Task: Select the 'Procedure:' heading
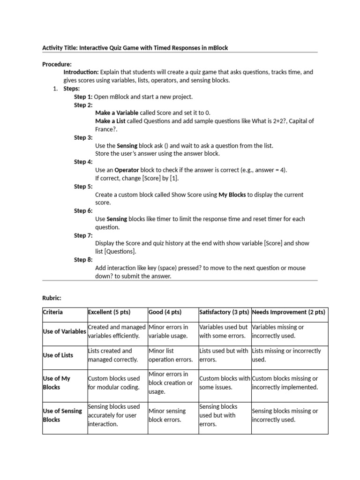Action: coord(57,64)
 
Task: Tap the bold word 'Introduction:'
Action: coord(81,72)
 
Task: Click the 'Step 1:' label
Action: coord(83,97)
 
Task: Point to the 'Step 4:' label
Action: coord(83,162)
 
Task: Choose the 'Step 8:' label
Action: coord(83,260)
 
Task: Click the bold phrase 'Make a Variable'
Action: coord(117,113)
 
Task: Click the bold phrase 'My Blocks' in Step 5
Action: coord(232,195)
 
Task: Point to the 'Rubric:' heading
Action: coord(52,298)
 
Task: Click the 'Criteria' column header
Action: coord(52,312)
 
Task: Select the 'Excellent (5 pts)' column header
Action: coord(109,312)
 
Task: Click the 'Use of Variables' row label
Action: coord(64,331)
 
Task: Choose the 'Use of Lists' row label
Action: coord(58,355)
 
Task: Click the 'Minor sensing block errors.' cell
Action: coord(167,415)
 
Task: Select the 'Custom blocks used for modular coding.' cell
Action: coord(114,382)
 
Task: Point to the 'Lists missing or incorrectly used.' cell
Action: coord(286,355)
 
